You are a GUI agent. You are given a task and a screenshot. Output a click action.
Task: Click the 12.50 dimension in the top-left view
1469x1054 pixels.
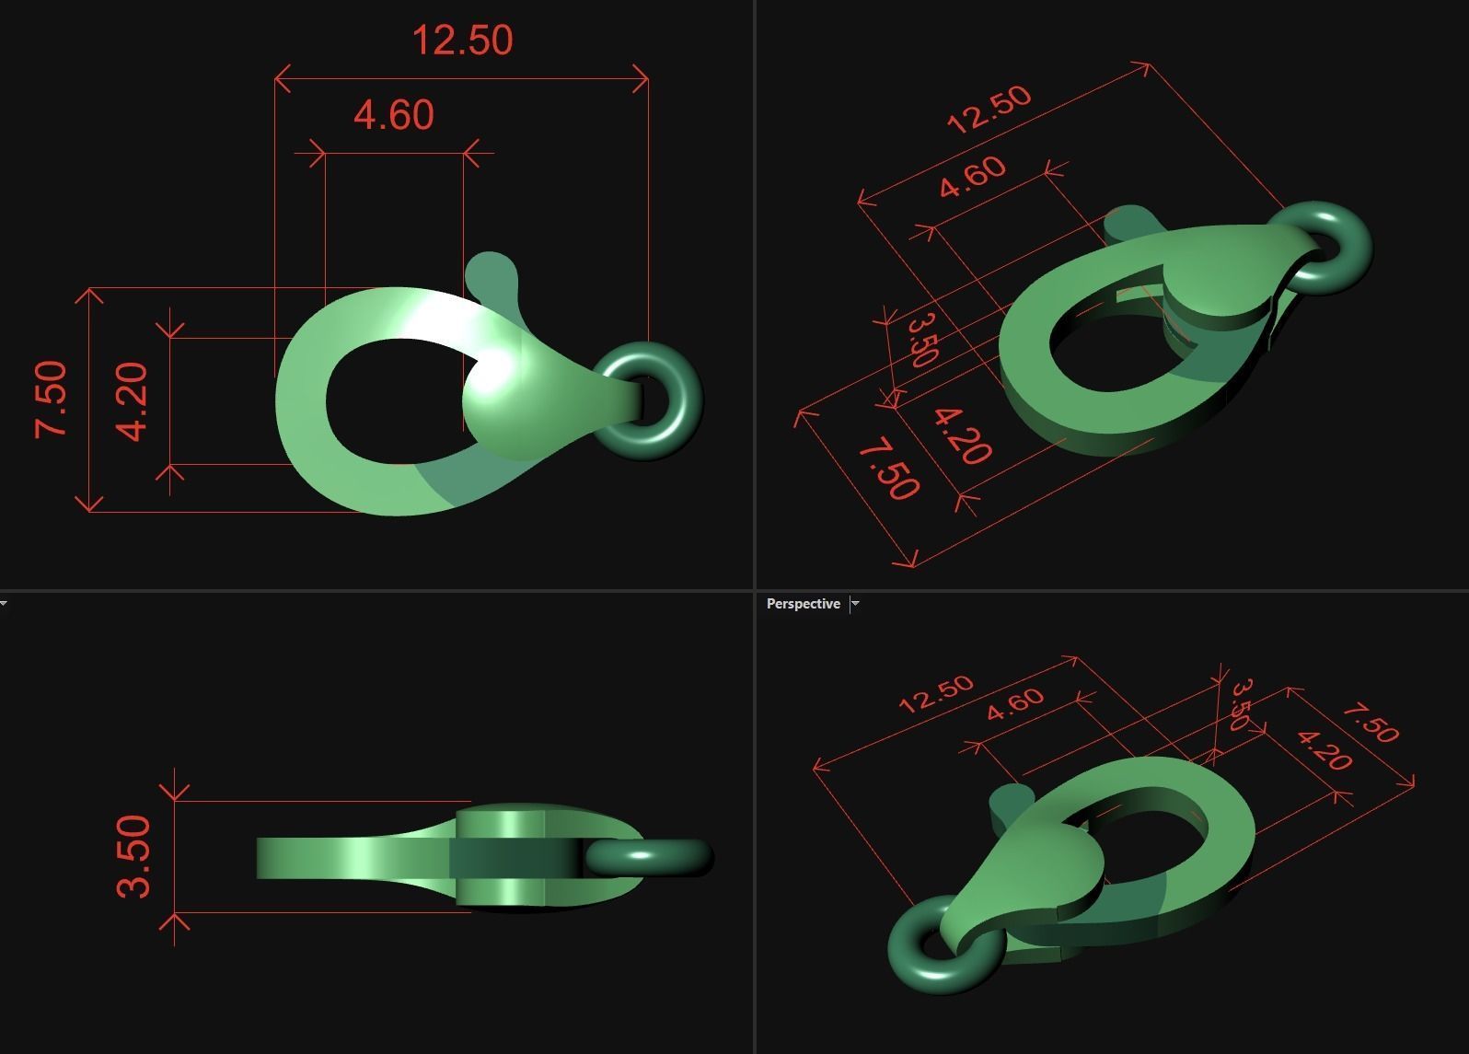[462, 41]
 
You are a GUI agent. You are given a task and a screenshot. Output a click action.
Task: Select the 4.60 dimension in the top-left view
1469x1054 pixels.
[394, 115]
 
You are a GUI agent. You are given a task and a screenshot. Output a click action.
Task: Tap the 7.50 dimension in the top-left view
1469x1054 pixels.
[51, 399]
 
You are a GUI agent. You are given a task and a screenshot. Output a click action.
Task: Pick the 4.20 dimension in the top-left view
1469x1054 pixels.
[133, 401]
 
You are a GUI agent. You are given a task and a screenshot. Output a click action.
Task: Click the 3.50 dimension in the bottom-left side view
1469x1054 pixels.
[133, 855]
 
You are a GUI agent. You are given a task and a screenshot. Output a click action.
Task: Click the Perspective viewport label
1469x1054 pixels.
[803, 604]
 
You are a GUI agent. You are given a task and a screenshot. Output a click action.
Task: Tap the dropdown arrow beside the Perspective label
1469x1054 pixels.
[855, 604]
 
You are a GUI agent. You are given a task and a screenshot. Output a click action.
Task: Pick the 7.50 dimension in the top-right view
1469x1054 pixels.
[888, 470]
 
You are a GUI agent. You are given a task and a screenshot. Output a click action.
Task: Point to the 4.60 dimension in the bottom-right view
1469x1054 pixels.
[1015, 704]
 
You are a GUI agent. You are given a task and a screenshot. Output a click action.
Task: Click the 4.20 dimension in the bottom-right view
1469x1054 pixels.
[1324, 749]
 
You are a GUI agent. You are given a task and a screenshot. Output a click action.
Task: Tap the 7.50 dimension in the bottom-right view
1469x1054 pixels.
[1370, 723]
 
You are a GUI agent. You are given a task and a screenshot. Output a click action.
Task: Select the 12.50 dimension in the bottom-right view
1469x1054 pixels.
[935, 693]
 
